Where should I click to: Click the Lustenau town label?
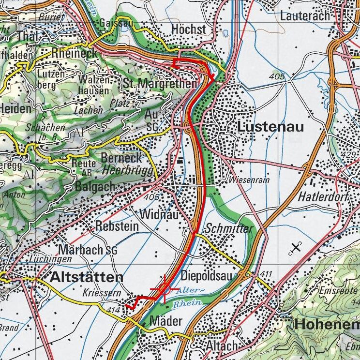pos(270,127)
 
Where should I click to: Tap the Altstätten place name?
pos(87,277)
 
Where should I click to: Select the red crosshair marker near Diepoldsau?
pos(165,289)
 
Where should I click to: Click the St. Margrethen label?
pos(160,84)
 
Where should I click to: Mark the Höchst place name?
pos(189,30)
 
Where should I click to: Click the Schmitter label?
pos(229,228)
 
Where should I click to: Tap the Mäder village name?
pos(166,320)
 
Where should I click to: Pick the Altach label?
pos(222,346)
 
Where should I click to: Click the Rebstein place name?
pos(117,226)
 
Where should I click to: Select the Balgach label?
pos(95,187)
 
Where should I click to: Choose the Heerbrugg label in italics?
pos(128,170)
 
